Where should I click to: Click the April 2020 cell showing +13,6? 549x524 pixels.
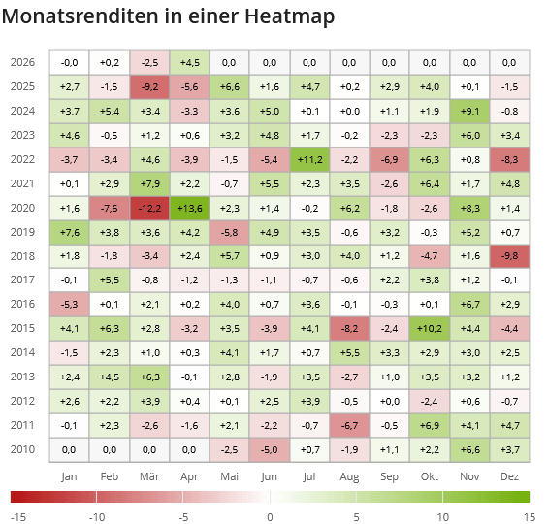(x=189, y=209)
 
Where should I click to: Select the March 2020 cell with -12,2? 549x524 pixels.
(x=149, y=209)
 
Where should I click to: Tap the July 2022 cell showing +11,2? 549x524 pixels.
(x=309, y=159)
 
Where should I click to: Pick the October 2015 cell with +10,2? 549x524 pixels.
(x=430, y=329)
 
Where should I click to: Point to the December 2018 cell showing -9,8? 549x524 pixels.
(x=509, y=256)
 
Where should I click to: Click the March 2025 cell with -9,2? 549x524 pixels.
(x=149, y=87)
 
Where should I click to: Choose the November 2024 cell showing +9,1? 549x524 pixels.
(x=469, y=111)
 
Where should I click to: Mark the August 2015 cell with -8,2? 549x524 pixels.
(x=349, y=329)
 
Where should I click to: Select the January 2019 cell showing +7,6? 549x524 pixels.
(x=69, y=233)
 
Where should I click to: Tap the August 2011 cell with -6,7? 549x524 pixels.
(x=349, y=425)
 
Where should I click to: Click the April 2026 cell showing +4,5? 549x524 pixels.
(x=189, y=63)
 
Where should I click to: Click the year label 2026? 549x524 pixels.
(x=23, y=63)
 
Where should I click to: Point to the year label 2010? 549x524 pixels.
(x=23, y=449)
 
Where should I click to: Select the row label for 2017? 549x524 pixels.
(x=23, y=280)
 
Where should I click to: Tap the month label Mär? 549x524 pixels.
(x=149, y=476)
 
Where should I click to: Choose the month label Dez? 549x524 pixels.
(x=509, y=476)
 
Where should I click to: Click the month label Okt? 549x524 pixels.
(x=430, y=476)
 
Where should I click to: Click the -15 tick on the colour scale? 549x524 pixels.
(x=17, y=517)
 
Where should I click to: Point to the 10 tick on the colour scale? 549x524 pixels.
(x=443, y=517)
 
